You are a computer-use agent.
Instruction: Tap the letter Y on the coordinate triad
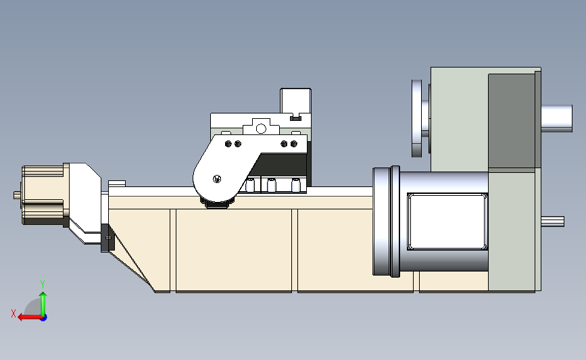click(x=42, y=284)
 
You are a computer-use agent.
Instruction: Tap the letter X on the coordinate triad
click(x=13, y=313)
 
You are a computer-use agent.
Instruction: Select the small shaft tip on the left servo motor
click(x=16, y=195)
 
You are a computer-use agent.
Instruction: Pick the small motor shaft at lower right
click(x=553, y=220)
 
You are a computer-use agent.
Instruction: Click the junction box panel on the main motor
click(x=447, y=221)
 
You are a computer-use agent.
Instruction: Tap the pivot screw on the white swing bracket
click(x=216, y=179)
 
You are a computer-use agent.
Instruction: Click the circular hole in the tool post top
click(x=261, y=128)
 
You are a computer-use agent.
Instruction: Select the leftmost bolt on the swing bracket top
click(x=227, y=144)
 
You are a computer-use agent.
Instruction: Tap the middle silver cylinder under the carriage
click(x=272, y=185)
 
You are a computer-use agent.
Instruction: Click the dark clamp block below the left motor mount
click(x=105, y=237)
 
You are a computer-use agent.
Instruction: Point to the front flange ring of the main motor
click(x=383, y=222)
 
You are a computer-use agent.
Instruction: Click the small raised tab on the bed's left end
click(x=116, y=183)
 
